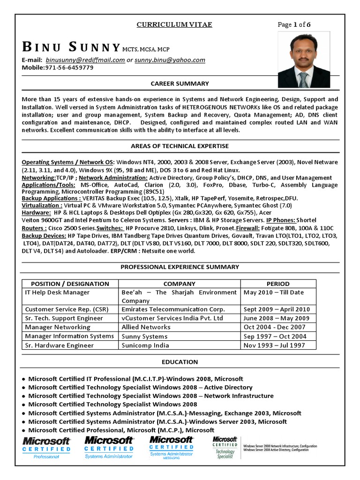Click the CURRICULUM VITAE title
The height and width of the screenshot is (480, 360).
(x=174, y=24)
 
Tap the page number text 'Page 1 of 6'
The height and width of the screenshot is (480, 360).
(x=294, y=25)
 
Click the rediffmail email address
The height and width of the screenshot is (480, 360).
(x=85, y=60)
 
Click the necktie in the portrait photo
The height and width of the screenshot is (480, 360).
(x=304, y=79)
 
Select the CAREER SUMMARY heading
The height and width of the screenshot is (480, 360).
(x=180, y=83)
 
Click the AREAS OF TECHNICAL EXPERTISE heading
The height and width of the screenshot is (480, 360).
(x=180, y=146)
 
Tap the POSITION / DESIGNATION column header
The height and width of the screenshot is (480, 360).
(x=70, y=284)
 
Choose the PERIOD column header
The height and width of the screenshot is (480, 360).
(x=278, y=284)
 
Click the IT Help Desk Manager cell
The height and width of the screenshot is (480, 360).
(x=57, y=292)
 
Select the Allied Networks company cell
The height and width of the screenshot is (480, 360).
(x=146, y=327)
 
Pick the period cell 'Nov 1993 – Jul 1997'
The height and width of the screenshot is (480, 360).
(x=274, y=345)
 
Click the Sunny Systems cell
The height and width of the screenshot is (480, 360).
(x=144, y=337)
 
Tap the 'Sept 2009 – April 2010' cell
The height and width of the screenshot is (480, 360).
(x=277, y=309)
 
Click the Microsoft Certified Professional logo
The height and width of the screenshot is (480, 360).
(x=46, y=447)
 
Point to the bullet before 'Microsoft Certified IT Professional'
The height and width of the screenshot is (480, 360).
(x=24, y=379)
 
